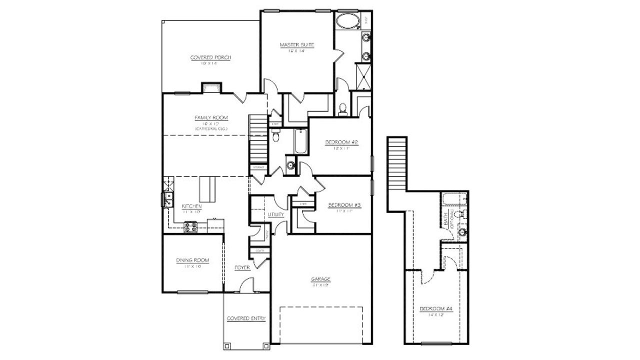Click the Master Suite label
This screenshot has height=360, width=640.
296,45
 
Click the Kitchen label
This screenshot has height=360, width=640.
191,206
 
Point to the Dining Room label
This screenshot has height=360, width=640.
192,260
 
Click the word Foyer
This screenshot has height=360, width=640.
242,268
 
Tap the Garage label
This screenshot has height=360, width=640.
320,279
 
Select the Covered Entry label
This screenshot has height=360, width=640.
246,318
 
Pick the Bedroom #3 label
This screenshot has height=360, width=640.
344,205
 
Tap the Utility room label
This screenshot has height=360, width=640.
276,214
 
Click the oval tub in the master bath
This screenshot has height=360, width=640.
347,22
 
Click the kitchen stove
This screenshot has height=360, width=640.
190,227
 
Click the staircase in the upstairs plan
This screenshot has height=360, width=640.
398,162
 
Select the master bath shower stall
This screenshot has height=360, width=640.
363,75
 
